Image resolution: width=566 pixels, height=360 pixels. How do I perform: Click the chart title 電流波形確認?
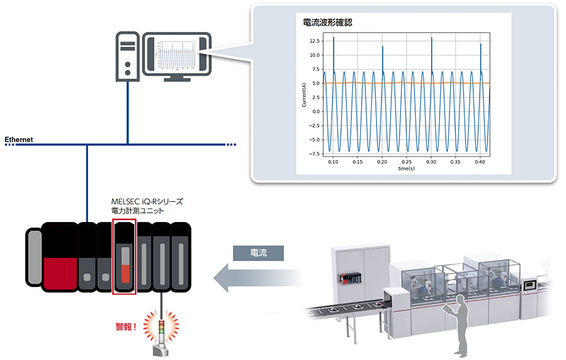click(x=327, y=23)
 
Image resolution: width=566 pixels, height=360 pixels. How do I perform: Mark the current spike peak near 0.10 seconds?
click(x=334, y=38)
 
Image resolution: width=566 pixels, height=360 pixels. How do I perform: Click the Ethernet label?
click(x=19, y=140)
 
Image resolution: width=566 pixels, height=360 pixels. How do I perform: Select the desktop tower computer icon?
click(x=127, y=56)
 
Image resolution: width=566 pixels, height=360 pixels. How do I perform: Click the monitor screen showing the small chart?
click(x=177, y=55)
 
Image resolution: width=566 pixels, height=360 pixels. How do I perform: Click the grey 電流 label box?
click(x=259, y=253)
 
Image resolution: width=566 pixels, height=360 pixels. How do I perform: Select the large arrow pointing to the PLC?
click(x=258, y=279)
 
